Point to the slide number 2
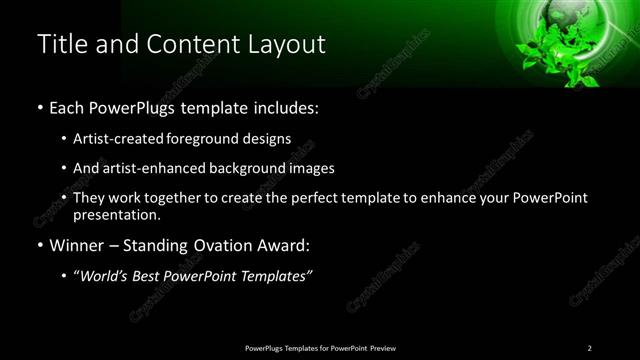point(589,347)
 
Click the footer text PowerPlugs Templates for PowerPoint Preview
point(321,347)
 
